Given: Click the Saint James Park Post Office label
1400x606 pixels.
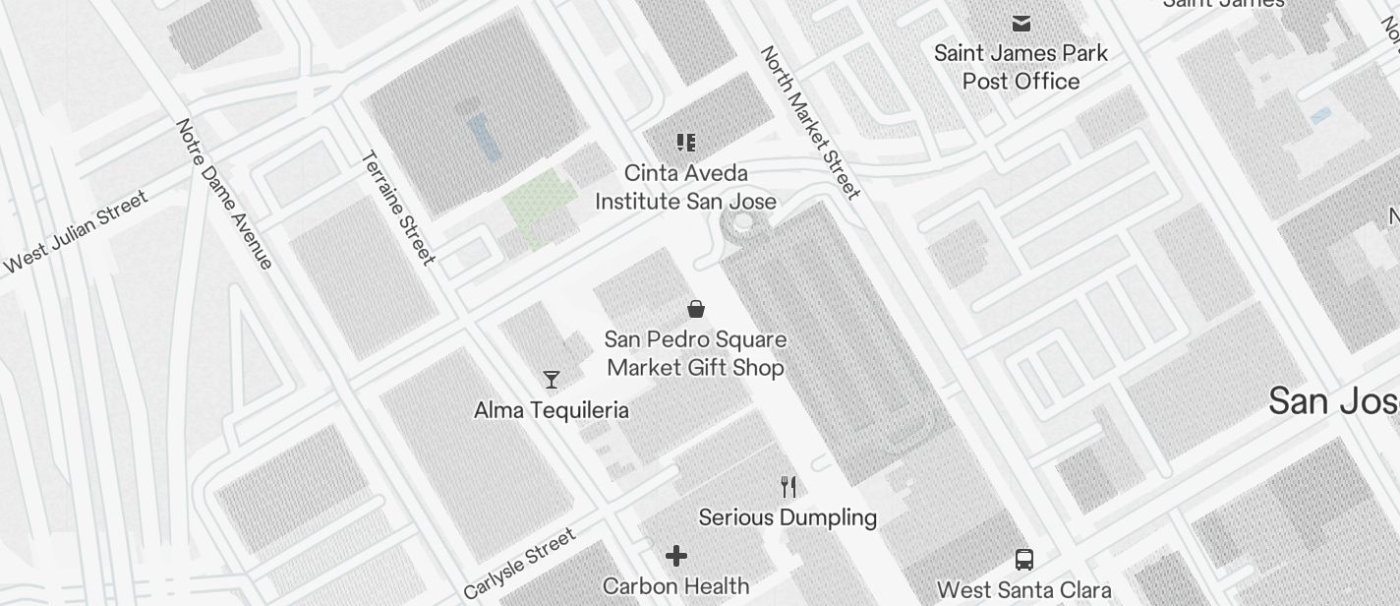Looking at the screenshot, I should (1021, 67).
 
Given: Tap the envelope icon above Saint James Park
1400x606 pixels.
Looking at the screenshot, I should (1021, 23).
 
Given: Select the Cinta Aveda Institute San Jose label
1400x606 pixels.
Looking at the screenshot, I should (685, 187).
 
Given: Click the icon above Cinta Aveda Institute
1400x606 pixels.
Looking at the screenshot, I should (686, 143).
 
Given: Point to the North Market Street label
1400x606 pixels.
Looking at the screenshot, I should (810, 122).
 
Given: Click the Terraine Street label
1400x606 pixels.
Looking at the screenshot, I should (398, 207).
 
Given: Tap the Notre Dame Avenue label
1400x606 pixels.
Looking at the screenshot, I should (224, 194).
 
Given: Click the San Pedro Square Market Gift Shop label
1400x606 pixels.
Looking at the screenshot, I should (695, 353).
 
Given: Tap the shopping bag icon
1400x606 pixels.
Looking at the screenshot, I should (696, 309).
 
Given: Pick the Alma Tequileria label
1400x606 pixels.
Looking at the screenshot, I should (551, 410).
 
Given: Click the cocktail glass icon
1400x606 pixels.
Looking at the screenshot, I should (552, 379).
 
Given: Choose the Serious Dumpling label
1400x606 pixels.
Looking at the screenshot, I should (787, 517).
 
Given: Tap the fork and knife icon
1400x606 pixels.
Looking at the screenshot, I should (787, 486).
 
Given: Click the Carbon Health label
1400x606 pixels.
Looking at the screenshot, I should (675, 586).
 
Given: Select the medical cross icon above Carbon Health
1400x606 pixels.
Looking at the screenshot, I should (676, 556).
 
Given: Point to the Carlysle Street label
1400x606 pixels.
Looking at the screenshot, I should (519, 565).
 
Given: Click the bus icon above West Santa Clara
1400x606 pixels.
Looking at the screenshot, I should (1023, 560).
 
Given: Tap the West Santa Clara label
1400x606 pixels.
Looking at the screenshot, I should (1023, 590).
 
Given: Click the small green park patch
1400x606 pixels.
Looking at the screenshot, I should (539, 204).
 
